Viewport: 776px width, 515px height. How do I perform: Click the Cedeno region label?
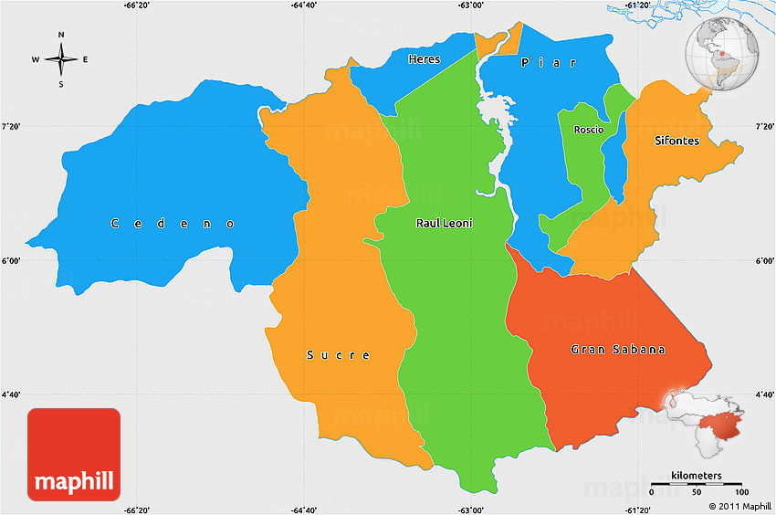click(x=173, y=224)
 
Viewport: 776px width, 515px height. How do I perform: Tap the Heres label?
click(x=424, y=59)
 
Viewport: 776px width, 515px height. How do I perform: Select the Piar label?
click(x=549, y=63)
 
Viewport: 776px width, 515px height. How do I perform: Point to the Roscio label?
click(x=589, y=130)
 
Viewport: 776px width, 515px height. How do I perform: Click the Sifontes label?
click(x=676, y=141)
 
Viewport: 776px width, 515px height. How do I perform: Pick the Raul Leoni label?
click(x=445, y=223)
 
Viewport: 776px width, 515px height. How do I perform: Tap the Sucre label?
click(x=338, y=354)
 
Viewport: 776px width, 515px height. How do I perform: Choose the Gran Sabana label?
click(x=618, y=350)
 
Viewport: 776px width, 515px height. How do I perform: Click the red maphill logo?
click(x=74, y=454)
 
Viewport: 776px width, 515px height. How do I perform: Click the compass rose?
click(x=61, y=60)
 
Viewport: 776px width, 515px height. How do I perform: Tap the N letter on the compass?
click(x=61, y=36)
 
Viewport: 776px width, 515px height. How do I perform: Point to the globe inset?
click(x=724, y=57)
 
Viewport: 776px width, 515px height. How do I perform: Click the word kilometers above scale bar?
click(x=696, y=476)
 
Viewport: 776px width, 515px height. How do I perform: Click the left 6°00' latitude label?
click(x=12, y=261)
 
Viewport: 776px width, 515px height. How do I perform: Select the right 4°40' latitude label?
click(x=763, y=395)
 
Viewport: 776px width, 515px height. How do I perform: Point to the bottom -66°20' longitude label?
click(x=137, y=510)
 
